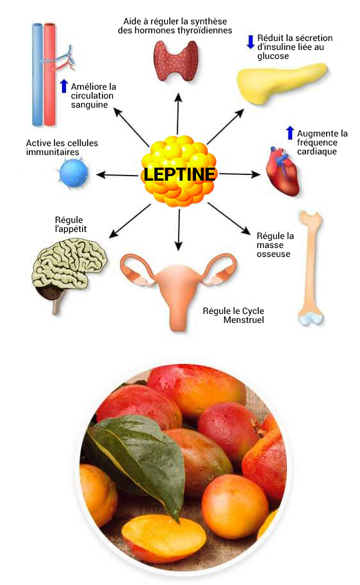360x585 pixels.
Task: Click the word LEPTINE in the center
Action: (x=179, y=174)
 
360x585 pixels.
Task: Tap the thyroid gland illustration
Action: (x=176, y=60)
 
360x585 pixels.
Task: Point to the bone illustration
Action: (x=311, y=268)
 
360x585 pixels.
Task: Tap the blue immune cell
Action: (x=74, y=173)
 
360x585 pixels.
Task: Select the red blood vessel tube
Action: (x=49, y=74)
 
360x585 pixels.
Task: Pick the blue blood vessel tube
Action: (x=37, y=74)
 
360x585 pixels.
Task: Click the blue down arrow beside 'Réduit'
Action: (x=250, y=42)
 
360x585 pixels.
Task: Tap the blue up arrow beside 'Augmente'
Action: (x=290, y=133)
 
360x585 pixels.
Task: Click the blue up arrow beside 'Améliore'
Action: (x=64, y=86)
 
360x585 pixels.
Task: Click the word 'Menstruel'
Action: (x=243, y=320)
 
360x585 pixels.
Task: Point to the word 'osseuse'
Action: (x=274, y=254)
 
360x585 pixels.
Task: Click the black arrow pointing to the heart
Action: (x=240, y=174)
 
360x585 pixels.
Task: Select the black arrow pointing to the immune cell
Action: (x=117, y=175)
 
